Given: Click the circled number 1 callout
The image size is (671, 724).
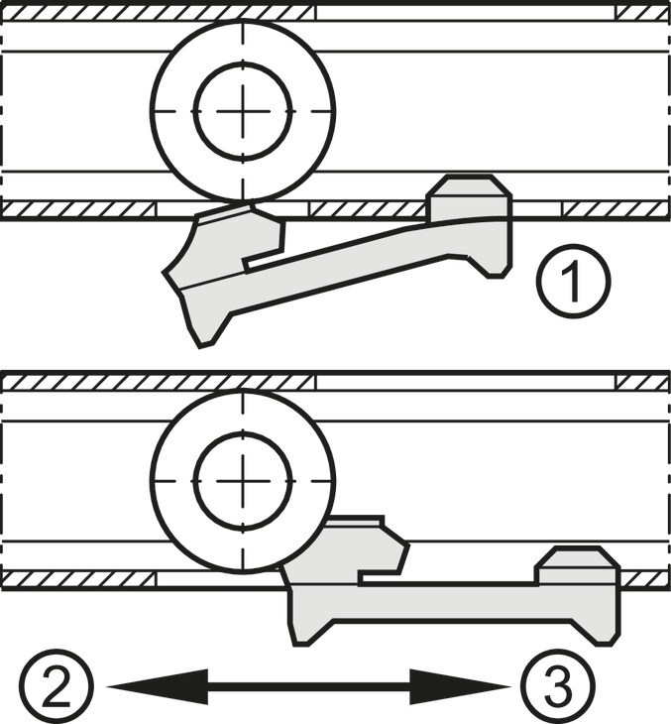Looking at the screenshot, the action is pos(574,282).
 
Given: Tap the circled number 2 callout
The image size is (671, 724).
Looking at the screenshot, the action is pos(56,686).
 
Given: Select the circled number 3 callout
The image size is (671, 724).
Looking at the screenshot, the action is pos(558,686).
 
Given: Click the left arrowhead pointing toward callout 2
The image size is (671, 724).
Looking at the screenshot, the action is pos(158,687).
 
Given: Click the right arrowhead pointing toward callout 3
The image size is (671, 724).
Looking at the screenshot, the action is pos(460,687).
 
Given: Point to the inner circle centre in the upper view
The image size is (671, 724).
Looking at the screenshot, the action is pos(243,111).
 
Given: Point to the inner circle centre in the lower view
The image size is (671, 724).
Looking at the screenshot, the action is pos(243,481).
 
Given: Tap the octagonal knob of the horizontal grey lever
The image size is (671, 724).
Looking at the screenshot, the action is pos(577,566).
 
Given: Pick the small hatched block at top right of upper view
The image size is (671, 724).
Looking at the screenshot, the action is pos(643,14).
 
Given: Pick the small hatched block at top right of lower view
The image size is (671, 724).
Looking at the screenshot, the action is pos(643,383).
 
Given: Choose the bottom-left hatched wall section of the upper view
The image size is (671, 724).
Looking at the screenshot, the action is pos(78,209).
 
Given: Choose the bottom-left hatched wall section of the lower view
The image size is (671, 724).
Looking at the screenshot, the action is pos(78,579).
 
